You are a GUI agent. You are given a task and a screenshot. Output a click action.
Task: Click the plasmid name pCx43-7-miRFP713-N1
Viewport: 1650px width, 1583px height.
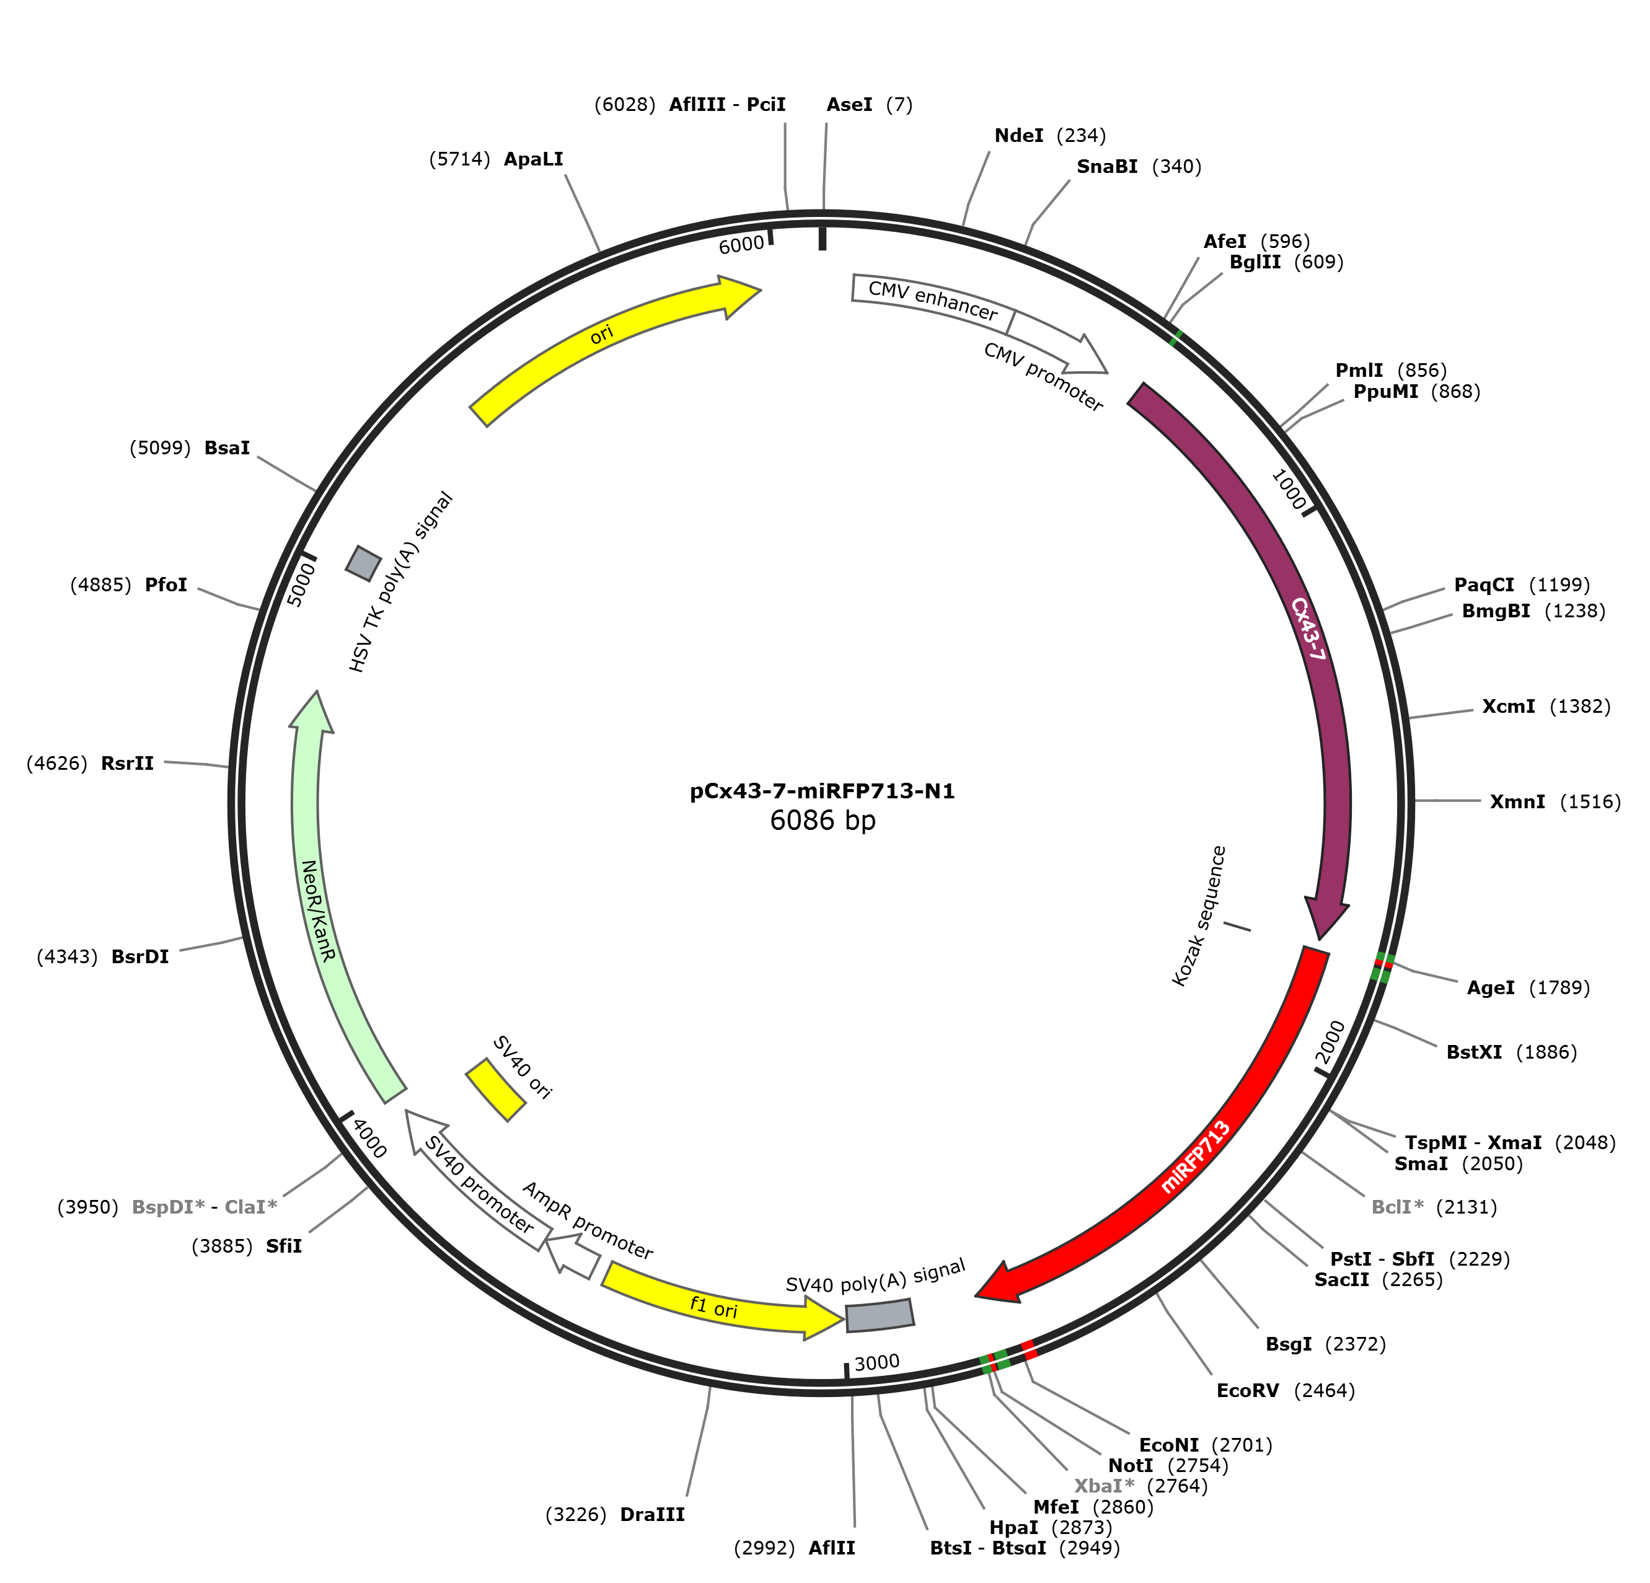point(823,791)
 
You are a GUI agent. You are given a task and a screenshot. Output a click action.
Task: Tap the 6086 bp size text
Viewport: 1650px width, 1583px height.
point(823,820)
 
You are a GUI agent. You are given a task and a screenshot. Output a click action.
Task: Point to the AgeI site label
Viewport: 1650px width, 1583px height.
point(1491,988)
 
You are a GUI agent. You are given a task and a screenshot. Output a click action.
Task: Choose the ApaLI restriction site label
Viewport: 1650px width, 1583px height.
point(534,159)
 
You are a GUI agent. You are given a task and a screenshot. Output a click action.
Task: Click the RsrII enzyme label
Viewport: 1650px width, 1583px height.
point(127,763)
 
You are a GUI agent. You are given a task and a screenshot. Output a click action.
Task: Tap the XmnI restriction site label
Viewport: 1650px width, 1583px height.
point(1518,801)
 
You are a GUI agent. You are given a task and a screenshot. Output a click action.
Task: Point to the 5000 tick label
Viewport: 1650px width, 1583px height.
point(301,584)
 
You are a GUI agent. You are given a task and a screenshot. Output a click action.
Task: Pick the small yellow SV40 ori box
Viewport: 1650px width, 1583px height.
point(496,1090)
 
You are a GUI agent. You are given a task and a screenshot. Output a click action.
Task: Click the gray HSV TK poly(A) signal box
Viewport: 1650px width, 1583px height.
point(364,563)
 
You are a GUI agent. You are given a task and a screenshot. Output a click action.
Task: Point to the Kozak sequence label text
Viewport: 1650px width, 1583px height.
point(1199,915)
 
